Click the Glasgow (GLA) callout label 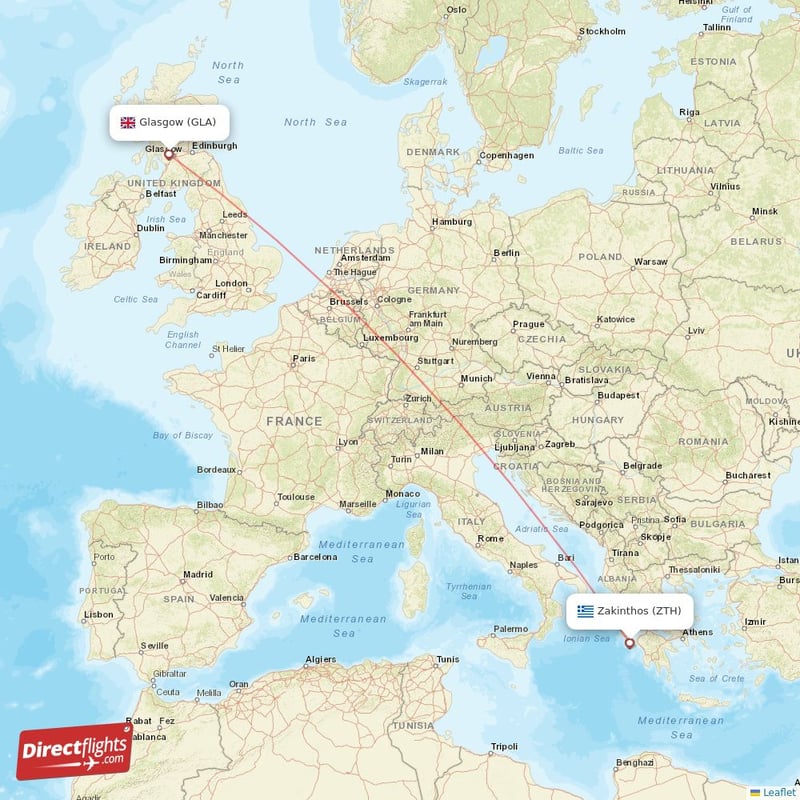169,122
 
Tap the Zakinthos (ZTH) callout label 629,611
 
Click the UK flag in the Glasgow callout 128,122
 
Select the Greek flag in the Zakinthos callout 585,611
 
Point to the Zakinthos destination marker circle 629,643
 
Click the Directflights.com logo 74,750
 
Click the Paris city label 303,359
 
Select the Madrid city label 198,574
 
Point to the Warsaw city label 651,261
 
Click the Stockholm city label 603,31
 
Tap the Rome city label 491,539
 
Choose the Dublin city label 150,227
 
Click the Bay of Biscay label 183,435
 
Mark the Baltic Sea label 580,151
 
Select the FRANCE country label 293,422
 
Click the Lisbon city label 99,614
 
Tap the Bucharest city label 749,475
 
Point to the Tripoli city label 504,746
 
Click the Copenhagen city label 506,155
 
